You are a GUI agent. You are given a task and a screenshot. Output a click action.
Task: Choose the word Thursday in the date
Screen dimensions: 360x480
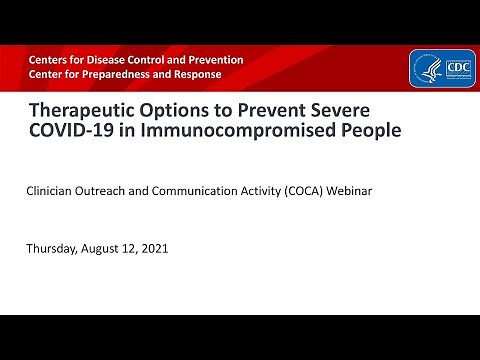pyautogui.click(x=53, y=248)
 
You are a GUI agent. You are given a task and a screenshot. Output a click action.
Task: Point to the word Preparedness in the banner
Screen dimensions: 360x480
pyautogui.click(x=122, y=74)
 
